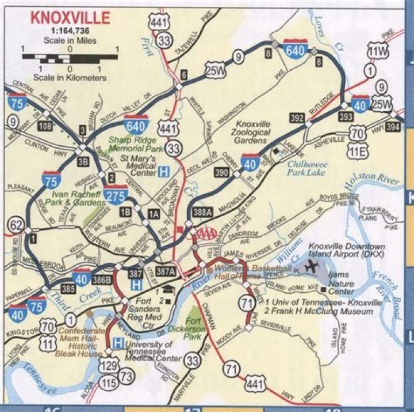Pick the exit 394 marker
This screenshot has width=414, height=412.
[x=393, y=126]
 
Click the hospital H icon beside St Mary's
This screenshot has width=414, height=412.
[x=164, y=171]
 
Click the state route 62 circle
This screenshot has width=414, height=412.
[x=16, y=224]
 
